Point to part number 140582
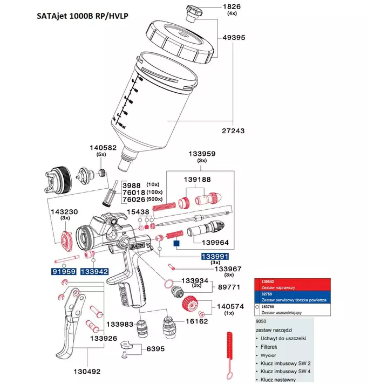(x=103, y=147)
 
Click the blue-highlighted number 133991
(x=216, y=256)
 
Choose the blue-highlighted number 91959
(x=64, y=272)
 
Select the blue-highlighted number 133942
(x=94, y=272)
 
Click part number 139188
(x=199, y=180)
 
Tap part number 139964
(x=233, y=242)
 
